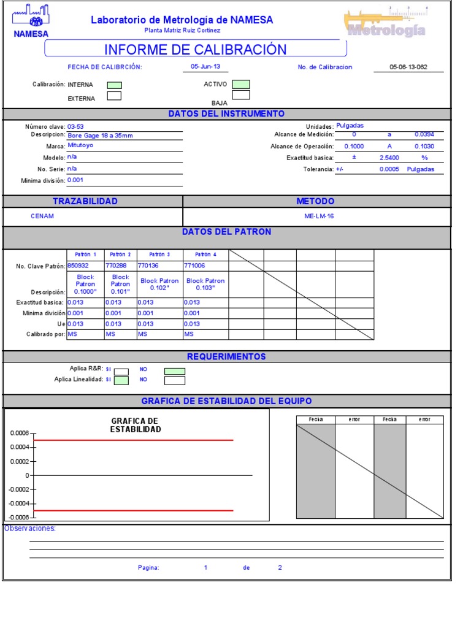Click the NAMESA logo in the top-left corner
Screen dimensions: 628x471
coord(31,21)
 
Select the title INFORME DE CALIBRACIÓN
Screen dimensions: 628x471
coord(195,50)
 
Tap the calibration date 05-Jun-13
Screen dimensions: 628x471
coord(205,67)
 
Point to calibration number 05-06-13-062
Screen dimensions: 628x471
coord(408,67)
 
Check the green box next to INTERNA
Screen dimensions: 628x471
coord(115,85)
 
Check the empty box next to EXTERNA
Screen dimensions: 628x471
coord(115,96)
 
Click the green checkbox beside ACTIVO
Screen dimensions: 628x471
coord(241,84)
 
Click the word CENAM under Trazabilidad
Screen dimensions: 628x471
coord(42,216)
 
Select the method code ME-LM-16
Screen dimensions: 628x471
coord(319,216)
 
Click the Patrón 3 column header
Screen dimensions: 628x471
coord(159,255)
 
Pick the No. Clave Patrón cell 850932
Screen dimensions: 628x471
coord(78,266)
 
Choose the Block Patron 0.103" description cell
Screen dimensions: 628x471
coord(205,284)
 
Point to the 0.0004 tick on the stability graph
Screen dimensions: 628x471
coord(19,447)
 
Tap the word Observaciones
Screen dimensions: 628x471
coord(30,529)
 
